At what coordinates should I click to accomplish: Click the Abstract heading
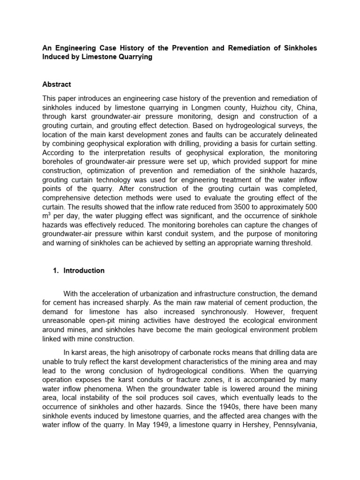(x=57, y=84)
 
